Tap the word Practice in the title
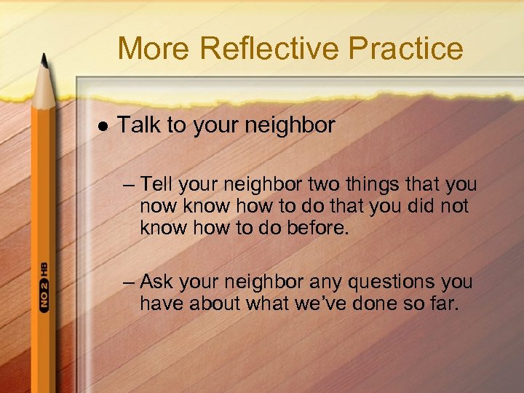(x=405, y=49)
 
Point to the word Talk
(x=140, y=125)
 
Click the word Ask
(x=156, y=281)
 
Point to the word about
(x=214, y=303)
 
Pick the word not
(x=455, y=206)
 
